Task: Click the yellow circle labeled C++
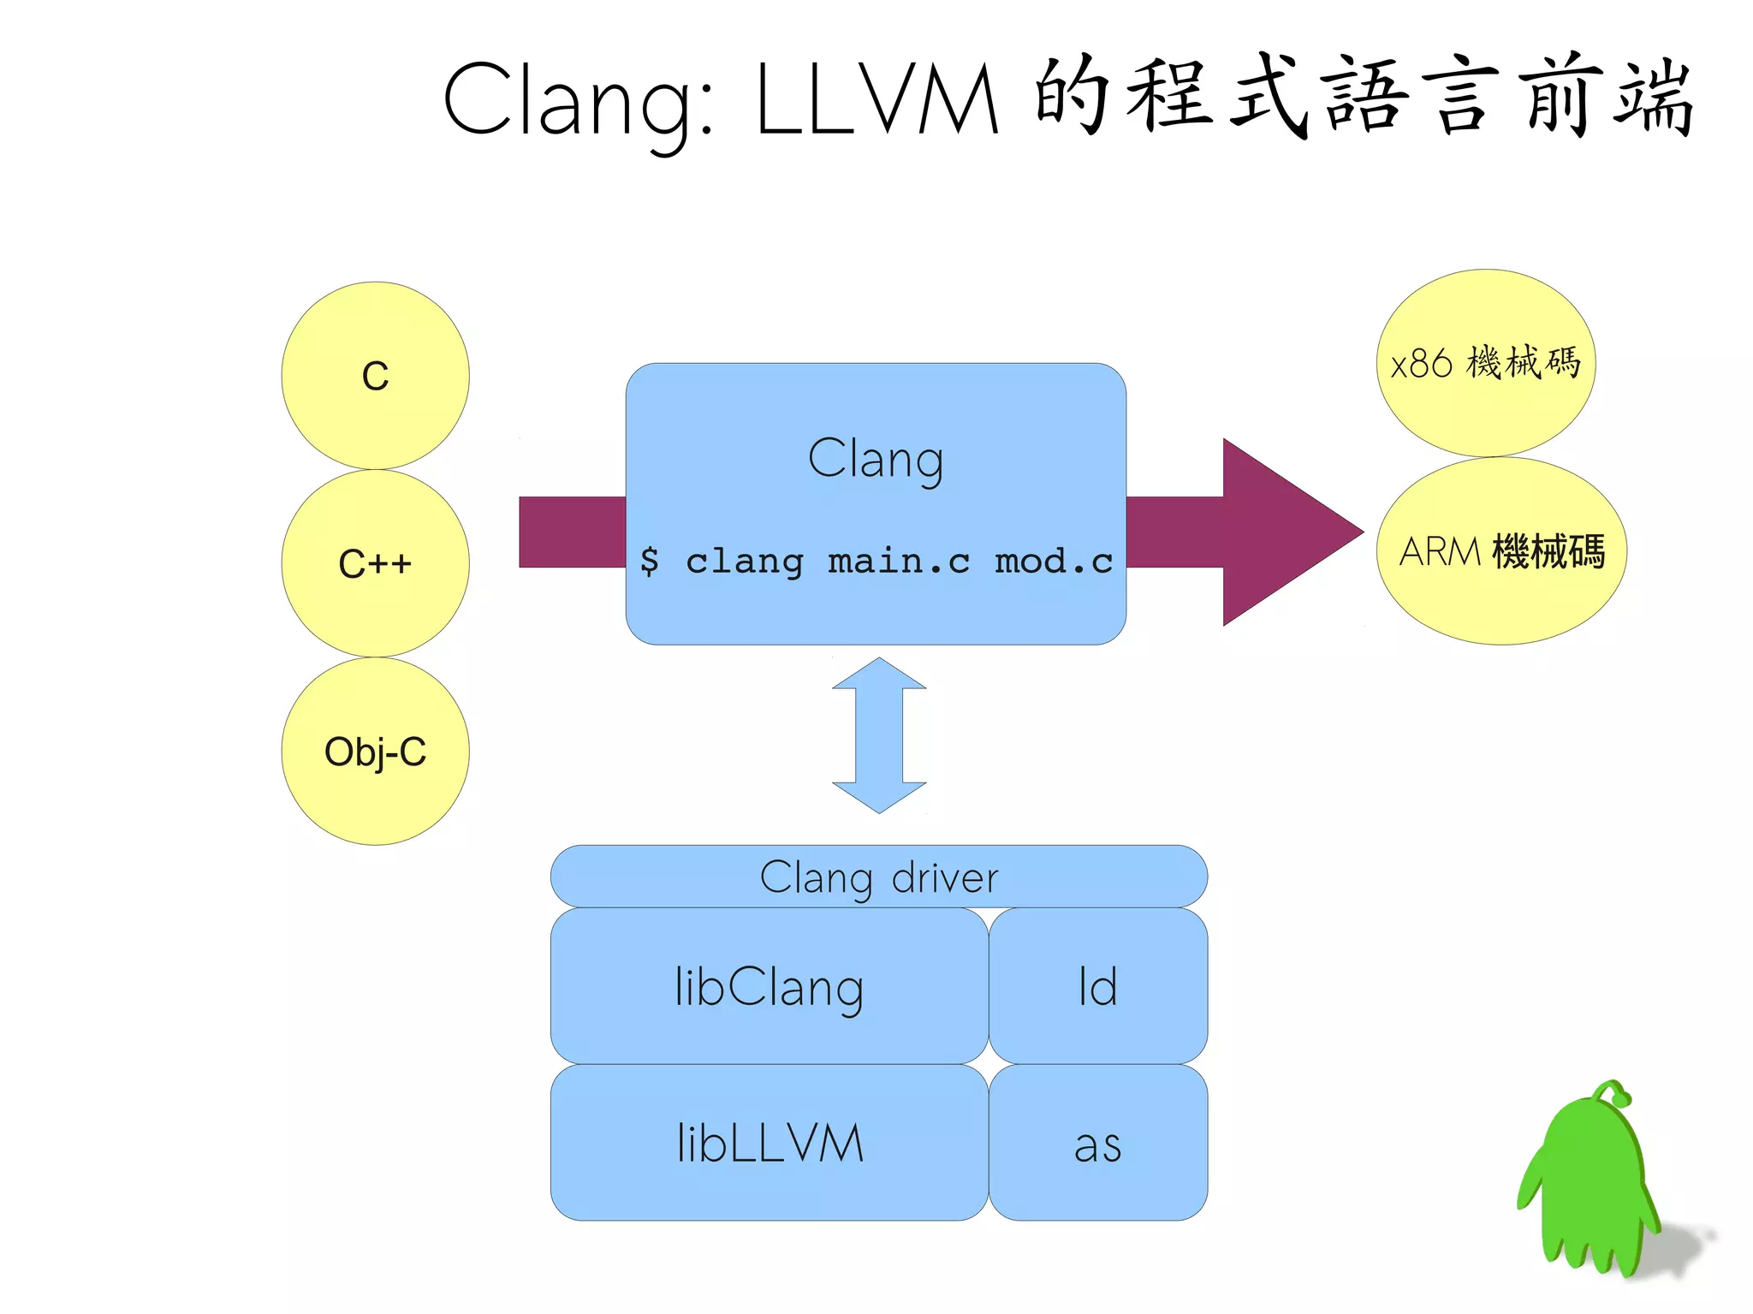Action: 375,563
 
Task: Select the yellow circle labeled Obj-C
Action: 375,752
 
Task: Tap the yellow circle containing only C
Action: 375,376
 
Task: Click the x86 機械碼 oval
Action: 1486,363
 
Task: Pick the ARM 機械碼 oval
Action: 1501,551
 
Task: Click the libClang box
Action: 769,986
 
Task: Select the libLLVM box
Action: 769,1143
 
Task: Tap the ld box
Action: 1098,986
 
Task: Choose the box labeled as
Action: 1098,1144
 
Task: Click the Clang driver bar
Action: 879,877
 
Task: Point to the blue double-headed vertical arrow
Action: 879,735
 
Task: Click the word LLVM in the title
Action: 878,101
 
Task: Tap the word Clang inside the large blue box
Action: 876,459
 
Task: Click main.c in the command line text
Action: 899,562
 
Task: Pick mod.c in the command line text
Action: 1054,562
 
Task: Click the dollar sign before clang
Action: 650,561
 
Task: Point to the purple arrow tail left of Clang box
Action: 572,532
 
